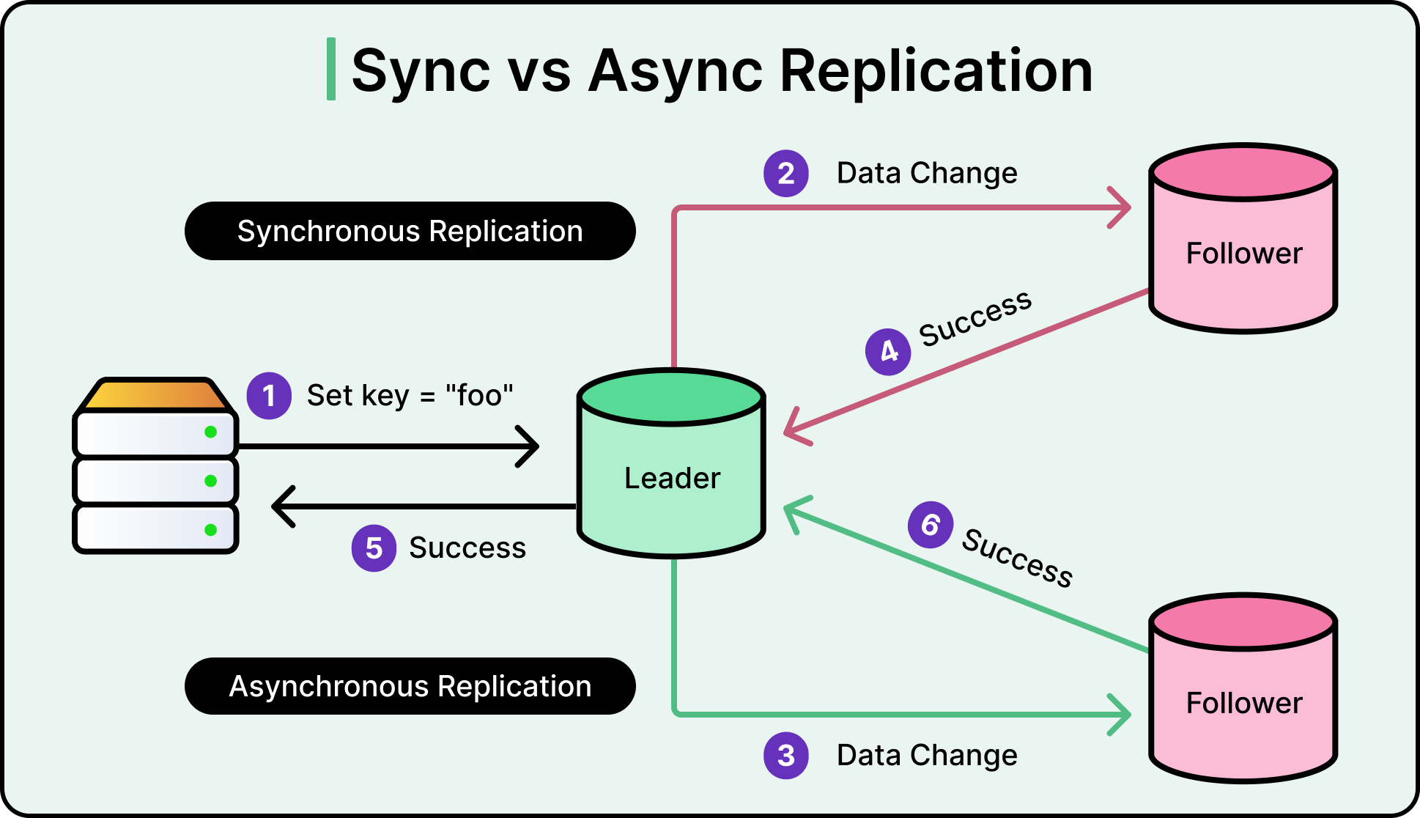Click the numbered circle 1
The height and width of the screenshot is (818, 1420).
(x=269, y=396)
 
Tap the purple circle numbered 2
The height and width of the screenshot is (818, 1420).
(x=786, y=174)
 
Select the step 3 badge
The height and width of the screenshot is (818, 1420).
(x=786, y=756)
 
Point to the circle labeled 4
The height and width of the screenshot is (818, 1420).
(x=888, y=352)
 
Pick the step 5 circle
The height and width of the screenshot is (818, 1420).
(x=374, y=548)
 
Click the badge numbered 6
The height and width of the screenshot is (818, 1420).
(x=931, y=525)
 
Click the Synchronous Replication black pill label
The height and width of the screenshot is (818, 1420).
(x=410, y=231)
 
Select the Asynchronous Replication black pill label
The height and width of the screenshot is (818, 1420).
(x=410, y=687)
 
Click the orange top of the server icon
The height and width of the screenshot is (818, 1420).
(x=155, y=394)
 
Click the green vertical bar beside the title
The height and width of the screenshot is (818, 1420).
(x=331, y=69)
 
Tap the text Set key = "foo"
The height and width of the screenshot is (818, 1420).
(x=410, y=396)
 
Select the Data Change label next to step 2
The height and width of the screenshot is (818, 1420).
(x=927, y=174)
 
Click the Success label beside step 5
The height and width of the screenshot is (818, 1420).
(x=467, y=548)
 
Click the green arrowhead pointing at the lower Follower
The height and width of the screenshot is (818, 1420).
(x=1123, y=714)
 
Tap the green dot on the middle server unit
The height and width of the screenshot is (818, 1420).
(x=211, y=481)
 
